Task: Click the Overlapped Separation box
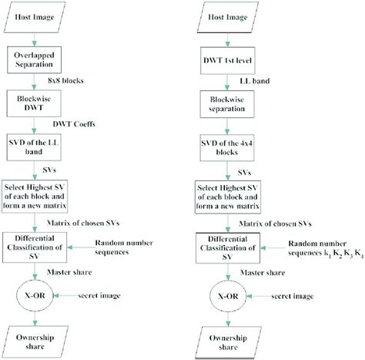34,59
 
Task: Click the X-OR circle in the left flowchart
34,296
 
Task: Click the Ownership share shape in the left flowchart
34,341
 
